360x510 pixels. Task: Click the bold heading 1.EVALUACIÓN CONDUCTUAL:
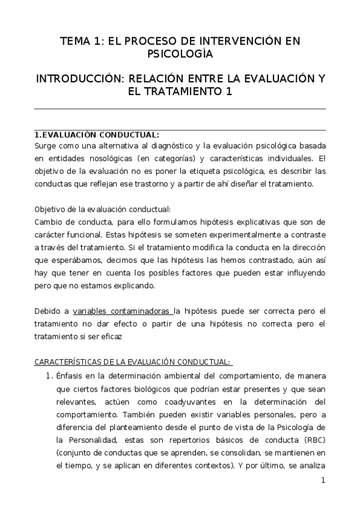coord(97,134)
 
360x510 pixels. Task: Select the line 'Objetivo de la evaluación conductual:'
coord(103,209)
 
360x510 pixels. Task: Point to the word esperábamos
coord(75,260)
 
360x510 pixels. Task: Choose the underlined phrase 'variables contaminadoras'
coord(122,311)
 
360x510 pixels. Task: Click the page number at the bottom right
coord(323,480)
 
